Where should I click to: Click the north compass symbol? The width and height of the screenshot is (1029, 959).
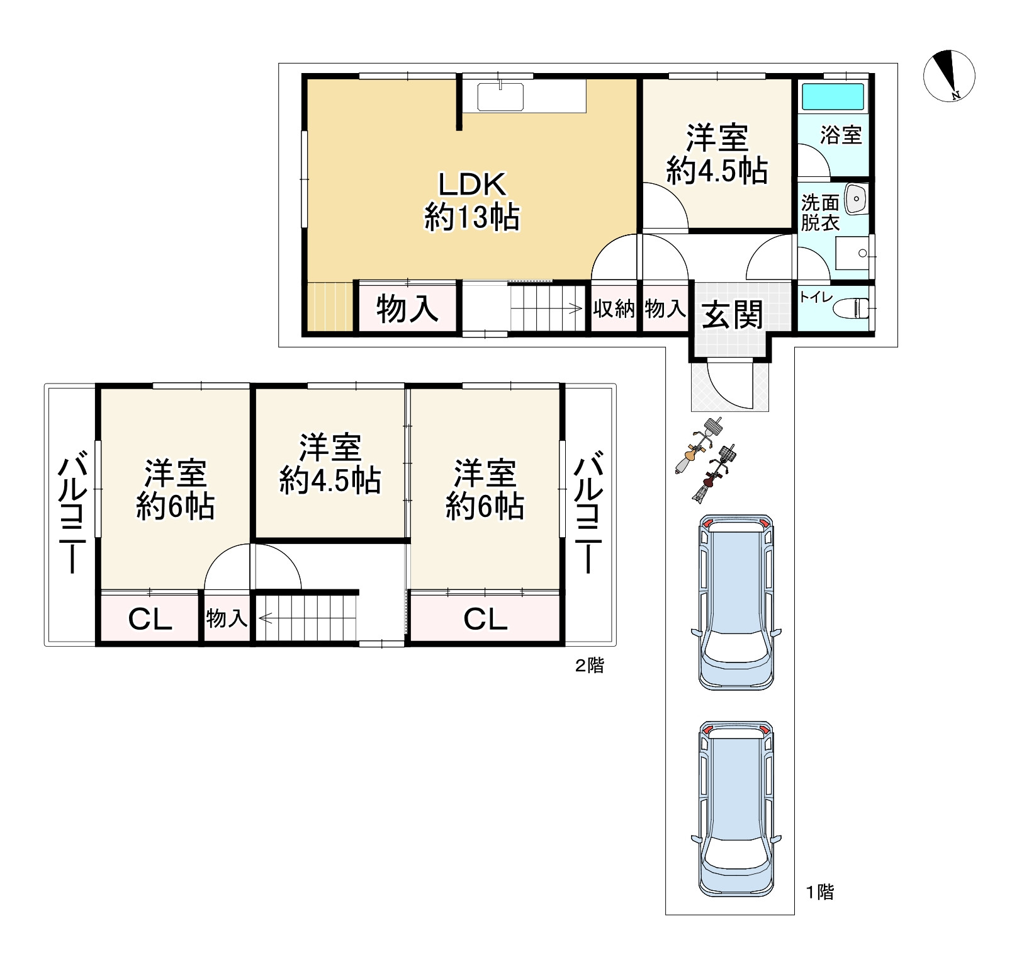click(948, 76)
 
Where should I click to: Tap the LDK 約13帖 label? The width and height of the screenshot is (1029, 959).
click(472, 201)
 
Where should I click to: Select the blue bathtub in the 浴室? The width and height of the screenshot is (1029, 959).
click(832, 97)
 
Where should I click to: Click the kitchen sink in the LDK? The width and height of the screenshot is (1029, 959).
click(500, 97)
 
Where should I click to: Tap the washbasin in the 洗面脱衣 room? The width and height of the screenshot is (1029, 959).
click(855, 199)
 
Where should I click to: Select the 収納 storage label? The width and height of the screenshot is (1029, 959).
click(614, 309)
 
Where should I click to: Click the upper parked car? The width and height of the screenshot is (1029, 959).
click(736, 601)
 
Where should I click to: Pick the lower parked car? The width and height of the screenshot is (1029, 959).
click(736, 809)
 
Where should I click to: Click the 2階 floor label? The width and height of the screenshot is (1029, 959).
click(590, 665)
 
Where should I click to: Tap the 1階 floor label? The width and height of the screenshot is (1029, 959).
click(820, 892)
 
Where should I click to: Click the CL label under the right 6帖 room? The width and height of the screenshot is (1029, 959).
click(485, 620)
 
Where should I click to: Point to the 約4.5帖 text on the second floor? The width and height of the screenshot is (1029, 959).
click(330, 482)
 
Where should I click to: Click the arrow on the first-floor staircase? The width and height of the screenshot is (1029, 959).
click(574, 308)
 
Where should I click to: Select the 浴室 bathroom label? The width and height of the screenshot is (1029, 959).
click(841, 135)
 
